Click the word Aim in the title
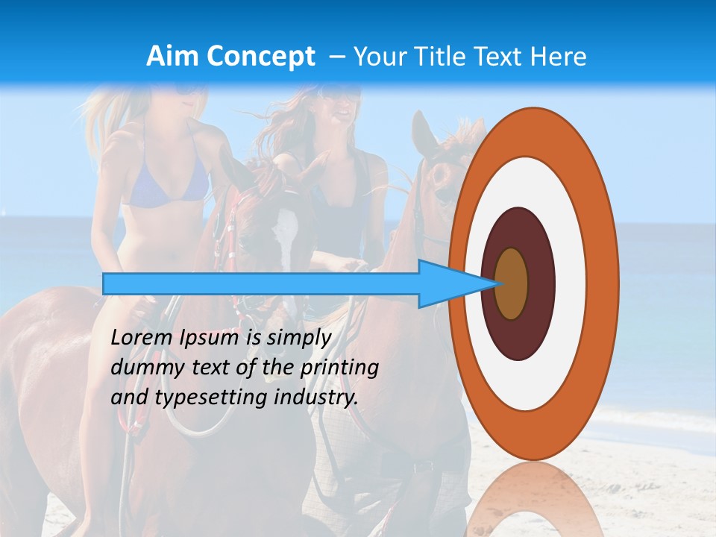tap(173, 57)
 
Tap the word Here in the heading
tap(559, 57)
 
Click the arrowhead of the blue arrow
tap(447, 284)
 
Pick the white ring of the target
tap(567, 283)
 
